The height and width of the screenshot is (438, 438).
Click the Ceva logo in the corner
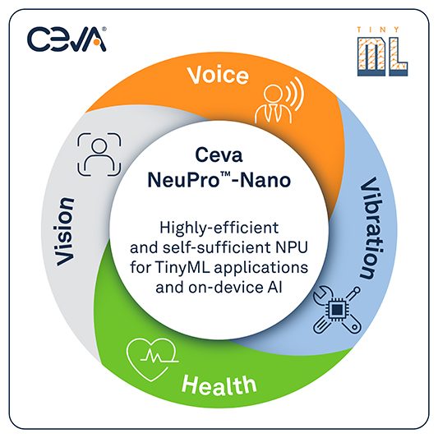(67, 39)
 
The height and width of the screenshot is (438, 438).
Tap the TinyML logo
(382, 52)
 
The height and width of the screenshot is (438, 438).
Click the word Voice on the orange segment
(218, 75)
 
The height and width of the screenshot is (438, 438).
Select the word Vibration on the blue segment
(371, 228)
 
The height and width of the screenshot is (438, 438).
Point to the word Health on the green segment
(219, 385)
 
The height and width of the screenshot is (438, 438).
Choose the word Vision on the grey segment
(65, 232)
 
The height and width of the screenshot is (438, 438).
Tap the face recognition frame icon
(99, 154)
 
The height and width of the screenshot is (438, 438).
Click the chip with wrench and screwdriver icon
(337, 310)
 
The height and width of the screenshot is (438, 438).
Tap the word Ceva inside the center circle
(219, 155)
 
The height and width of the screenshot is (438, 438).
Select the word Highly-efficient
(219, 228)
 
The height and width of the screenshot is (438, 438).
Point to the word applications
(261, 268)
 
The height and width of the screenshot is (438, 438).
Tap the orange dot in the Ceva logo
(96, 43)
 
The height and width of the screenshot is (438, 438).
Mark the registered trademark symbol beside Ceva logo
(104, 29)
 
